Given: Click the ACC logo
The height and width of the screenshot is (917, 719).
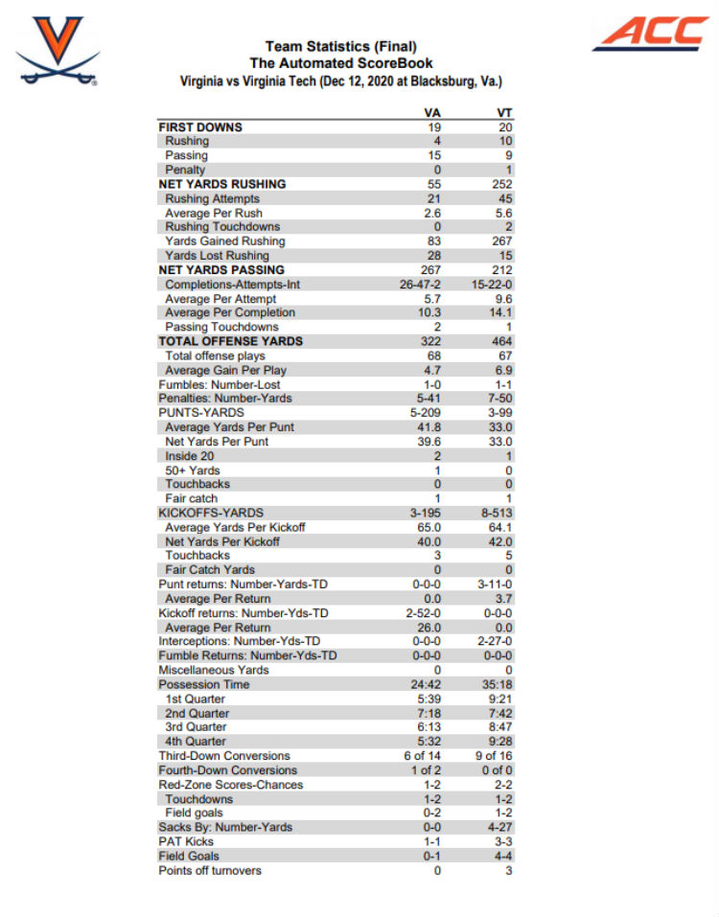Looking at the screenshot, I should click(x=649, y=34).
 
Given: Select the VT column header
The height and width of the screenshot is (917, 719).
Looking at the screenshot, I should click(x=505, y=113).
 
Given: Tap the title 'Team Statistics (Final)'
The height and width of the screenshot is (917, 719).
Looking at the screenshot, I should click(x=340, y=46).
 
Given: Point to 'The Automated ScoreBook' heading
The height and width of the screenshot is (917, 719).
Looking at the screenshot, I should click(x=340, y=63).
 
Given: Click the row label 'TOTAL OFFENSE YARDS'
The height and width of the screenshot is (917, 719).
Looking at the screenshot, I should click(x=230, y=341).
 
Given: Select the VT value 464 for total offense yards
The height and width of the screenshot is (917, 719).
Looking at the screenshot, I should click(x=502, y=341).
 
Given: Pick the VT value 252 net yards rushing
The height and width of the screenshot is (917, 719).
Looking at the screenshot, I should click(x=502, y=184).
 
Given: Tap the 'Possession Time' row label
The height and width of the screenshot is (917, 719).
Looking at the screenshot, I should click(x=203, y=684).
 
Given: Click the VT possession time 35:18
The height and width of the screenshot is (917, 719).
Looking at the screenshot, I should click(x=499, y=684).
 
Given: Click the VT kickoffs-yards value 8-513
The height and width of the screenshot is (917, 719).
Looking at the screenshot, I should click(x=498, y=513).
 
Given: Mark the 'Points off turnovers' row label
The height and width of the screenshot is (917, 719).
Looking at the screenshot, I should click(x=210, y=870).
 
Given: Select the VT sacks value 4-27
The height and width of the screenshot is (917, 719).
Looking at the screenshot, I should click(x=499, y=827).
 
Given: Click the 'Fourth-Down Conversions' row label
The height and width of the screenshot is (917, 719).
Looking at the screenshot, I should click(x=227, y=769).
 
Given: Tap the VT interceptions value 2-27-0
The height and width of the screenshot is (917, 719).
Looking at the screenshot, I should click(x=496, y=641).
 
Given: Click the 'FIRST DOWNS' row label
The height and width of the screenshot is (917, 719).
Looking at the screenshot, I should click(x=200, y=126).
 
